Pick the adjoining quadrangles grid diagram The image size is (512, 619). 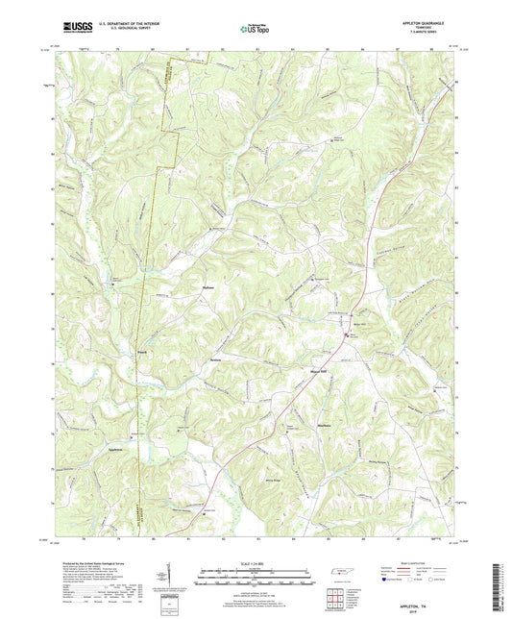(x=339, y=597)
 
